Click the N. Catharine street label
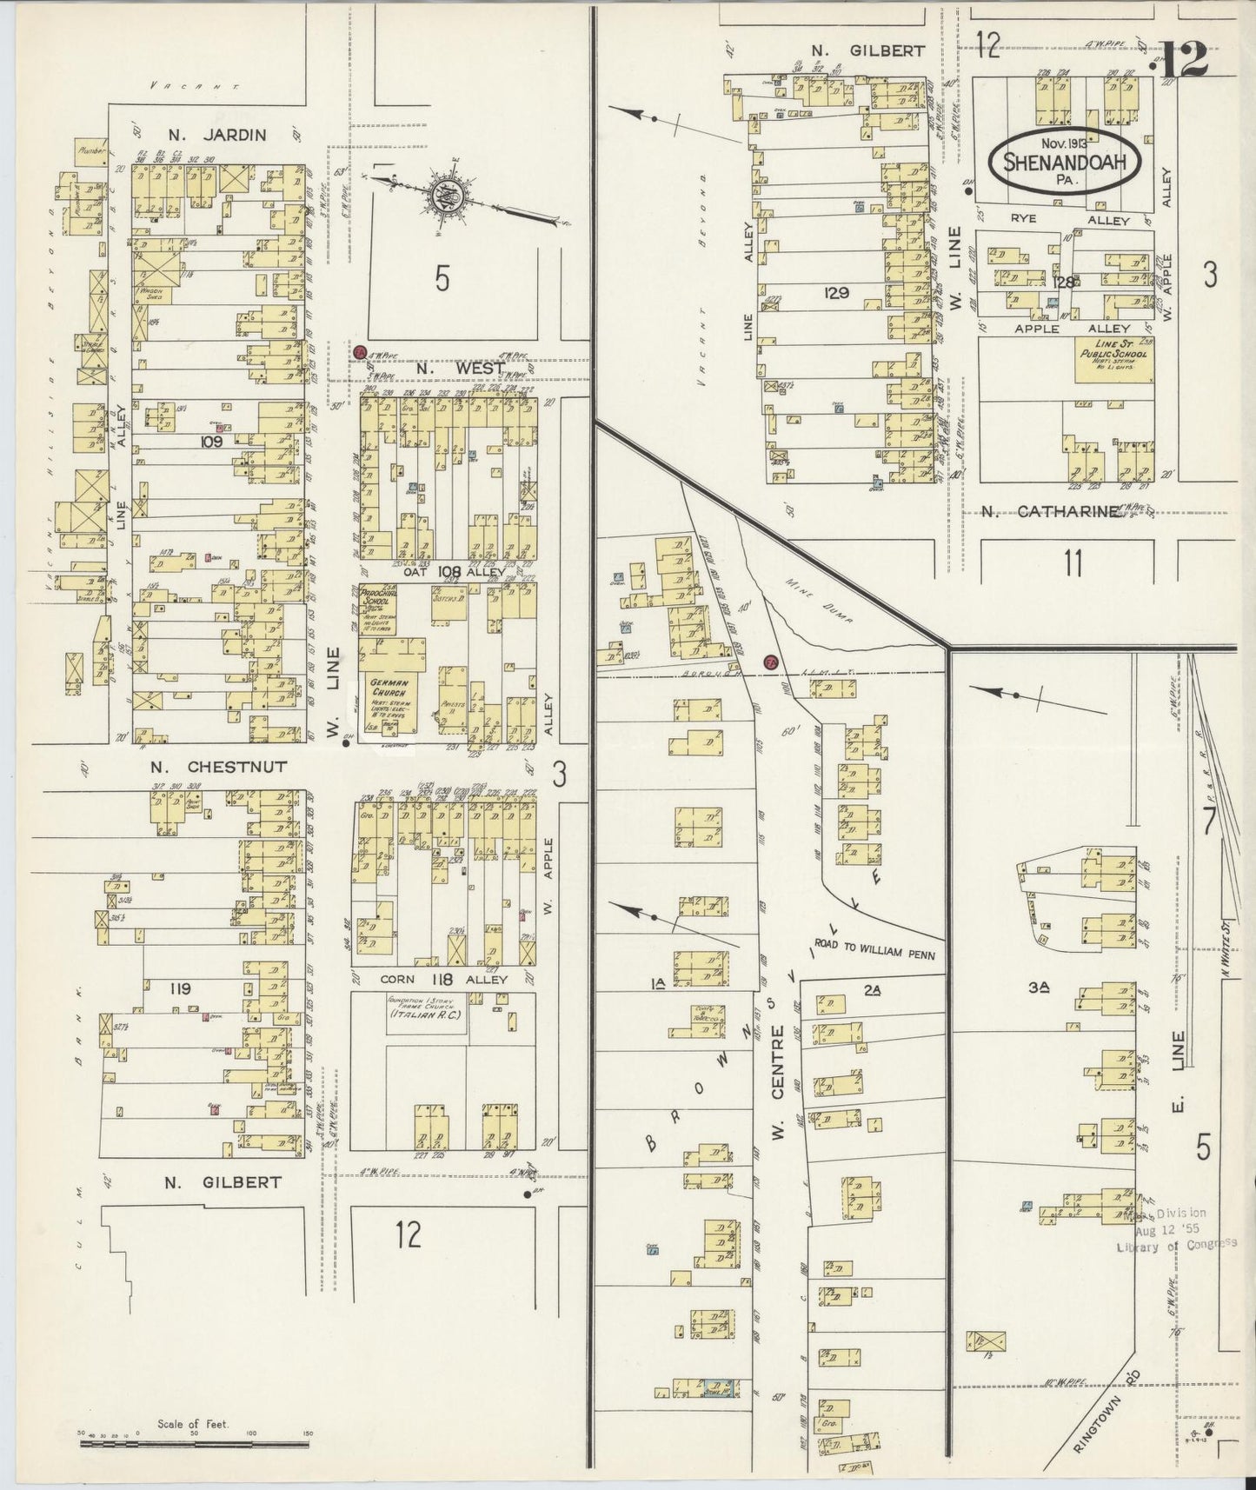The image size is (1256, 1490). point(1051,513)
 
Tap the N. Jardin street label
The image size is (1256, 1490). point(216,135)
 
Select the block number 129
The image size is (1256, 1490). point(839,292)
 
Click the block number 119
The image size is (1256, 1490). point(181,988)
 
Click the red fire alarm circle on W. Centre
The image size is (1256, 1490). point(770,662)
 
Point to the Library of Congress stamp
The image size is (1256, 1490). point(1176,1228)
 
